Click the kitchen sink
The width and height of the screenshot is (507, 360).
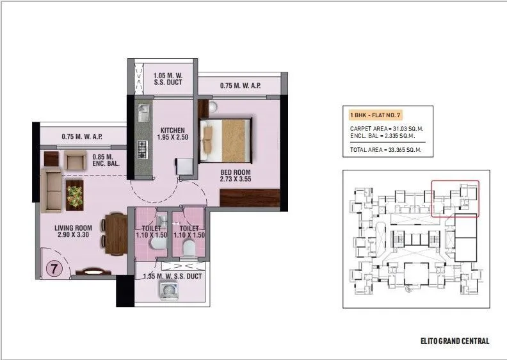coord(143,113)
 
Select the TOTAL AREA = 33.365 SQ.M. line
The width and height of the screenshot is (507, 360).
coord(386,151)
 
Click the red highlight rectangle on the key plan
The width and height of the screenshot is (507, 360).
coord(455,199)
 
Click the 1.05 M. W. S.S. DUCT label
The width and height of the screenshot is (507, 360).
coord(168,78)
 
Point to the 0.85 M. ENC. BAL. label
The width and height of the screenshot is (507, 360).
coord(106,160)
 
